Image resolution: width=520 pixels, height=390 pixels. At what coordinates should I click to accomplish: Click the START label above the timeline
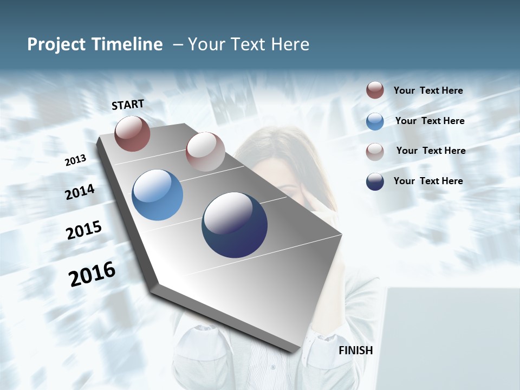128,105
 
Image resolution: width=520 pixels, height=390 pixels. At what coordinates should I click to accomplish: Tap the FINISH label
355,350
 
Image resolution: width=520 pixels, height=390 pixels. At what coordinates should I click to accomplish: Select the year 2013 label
75,160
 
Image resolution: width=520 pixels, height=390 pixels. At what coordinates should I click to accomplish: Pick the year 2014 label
80,192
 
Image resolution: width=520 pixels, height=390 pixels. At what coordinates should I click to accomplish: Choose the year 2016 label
92,274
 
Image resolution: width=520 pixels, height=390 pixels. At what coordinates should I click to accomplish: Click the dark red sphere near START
132,133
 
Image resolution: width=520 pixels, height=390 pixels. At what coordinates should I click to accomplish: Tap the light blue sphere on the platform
157,195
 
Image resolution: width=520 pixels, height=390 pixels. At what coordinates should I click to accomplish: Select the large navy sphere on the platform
235,225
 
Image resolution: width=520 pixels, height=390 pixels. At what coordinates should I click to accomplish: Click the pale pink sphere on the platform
205,152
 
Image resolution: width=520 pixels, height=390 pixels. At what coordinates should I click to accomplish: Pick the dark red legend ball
375,90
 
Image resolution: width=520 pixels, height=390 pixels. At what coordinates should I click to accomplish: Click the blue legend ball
375,121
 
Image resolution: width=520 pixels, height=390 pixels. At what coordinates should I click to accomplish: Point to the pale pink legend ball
375,152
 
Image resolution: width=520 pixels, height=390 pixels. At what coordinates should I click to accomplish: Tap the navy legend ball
375,181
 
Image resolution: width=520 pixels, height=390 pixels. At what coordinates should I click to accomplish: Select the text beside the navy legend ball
428,181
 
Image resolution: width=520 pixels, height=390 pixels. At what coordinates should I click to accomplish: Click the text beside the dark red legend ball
428,90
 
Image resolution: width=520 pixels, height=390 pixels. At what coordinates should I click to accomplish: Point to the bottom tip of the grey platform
293,350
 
